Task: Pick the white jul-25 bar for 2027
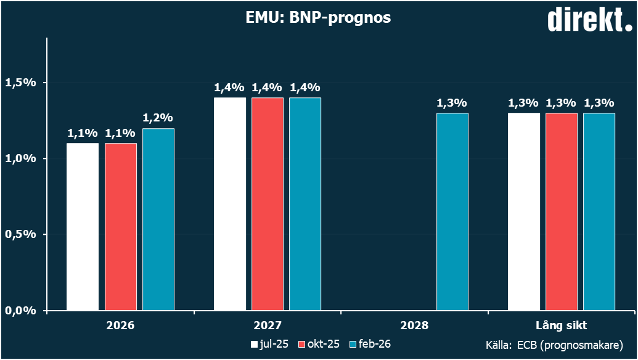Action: coord(230,204)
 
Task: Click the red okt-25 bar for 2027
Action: coord(268,204)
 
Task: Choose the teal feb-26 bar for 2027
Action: coord(305,204)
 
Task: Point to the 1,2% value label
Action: coord(158,118)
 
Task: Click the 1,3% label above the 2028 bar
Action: coord(452,103)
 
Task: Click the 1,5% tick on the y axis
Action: coord(21,83)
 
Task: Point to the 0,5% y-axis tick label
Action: coord(21,234)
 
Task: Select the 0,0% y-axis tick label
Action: coord(21,311)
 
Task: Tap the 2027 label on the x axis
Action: coord(268,325)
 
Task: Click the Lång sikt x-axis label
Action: coord(561,325)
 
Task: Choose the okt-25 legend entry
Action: coord(319,344)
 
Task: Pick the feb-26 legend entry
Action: coord(370,344)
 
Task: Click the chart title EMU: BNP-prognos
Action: coord(318,18)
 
